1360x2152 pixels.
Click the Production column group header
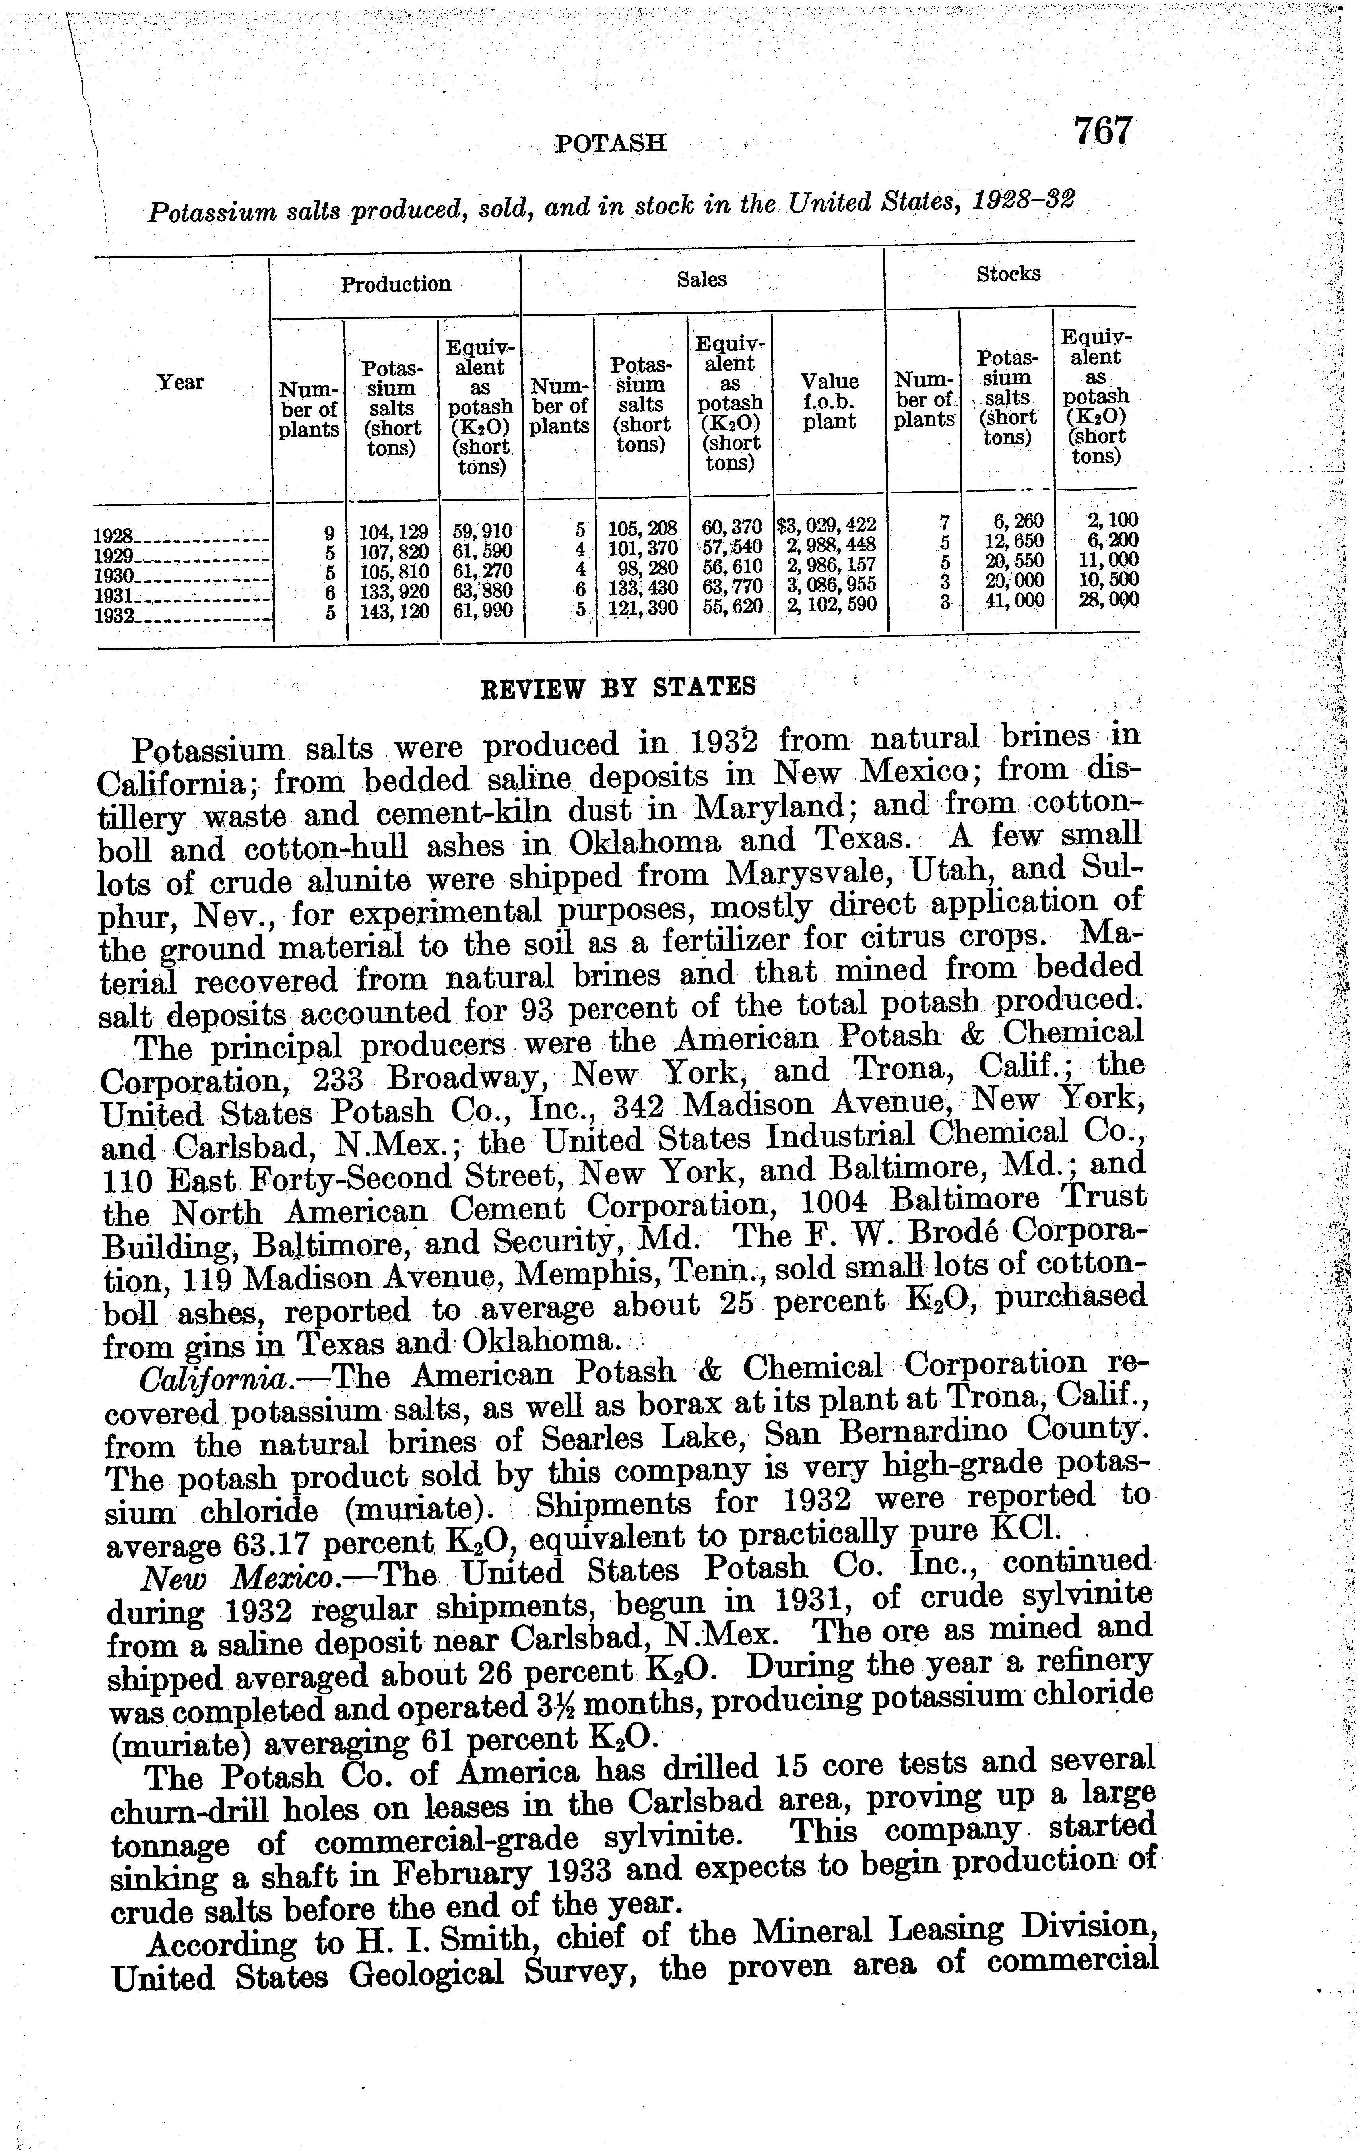396,284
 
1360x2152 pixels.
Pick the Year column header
180,382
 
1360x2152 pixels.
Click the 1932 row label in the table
113,617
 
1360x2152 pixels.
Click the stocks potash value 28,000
1097,599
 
